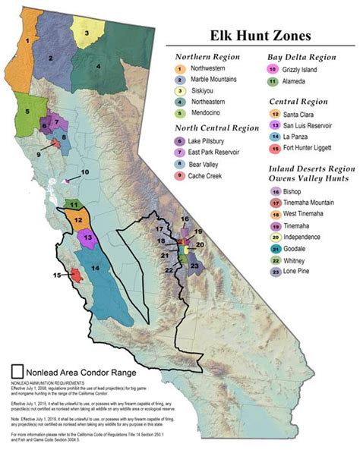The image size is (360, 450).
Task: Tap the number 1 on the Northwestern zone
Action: pyautogui.click(x=27, y=39)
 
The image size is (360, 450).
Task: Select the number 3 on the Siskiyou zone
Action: pyautogui.click(x=87, y=33)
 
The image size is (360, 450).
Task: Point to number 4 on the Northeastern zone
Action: pyautogui.click(x=98, y=67)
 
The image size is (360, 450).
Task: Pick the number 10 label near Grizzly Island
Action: pyautogui.click(x=85, y=172)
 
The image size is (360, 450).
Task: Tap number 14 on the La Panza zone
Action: pyautogui.click(x=96, y=268)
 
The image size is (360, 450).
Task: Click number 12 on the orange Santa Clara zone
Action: pyautogui.click(x=78, y=219)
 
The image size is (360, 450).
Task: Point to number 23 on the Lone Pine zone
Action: pyautogui.click(x=194, y=266)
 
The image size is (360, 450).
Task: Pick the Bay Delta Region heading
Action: pyautogui.click(x=302, y=56)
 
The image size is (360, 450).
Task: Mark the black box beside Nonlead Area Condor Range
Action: pyautogui.click(x=19, y=372)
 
